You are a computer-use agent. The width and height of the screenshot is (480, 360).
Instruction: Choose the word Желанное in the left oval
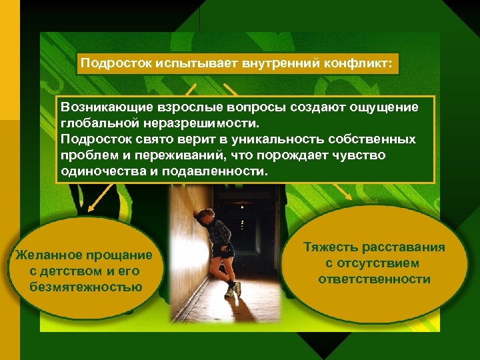coord(46,255)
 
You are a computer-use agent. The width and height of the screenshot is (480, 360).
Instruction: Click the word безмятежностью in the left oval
coord(86,287)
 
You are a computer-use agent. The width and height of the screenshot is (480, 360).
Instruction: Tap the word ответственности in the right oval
coord(374,279)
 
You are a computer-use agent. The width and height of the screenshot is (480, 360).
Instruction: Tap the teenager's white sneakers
coord(233,289)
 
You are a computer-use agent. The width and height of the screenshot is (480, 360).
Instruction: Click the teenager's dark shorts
coord(227,252)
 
